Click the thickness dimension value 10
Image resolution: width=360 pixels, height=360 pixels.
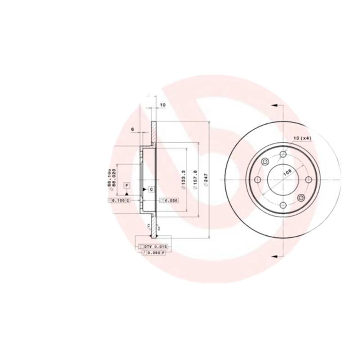[162, 105]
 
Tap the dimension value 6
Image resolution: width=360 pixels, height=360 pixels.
[133, 130]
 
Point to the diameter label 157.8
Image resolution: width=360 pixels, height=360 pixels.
[195, 179]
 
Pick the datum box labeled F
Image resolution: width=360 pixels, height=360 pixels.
[127, 186]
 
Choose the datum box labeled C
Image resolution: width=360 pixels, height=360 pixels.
[151, 189]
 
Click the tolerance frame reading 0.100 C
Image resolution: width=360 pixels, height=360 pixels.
[119, 200]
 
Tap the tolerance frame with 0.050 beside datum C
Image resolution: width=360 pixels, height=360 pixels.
[169, 201]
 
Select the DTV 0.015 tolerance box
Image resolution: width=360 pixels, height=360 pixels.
[153, 247]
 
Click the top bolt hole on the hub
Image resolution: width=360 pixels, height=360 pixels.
[283, 155]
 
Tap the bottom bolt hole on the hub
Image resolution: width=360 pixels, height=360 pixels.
[283, 206]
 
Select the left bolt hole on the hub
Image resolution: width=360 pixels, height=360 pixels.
[258, 180]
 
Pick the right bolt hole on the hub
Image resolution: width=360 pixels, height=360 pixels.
[309, 180]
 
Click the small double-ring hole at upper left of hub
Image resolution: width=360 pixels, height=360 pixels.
[265, 162]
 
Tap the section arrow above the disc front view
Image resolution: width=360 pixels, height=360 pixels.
[274, 106]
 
